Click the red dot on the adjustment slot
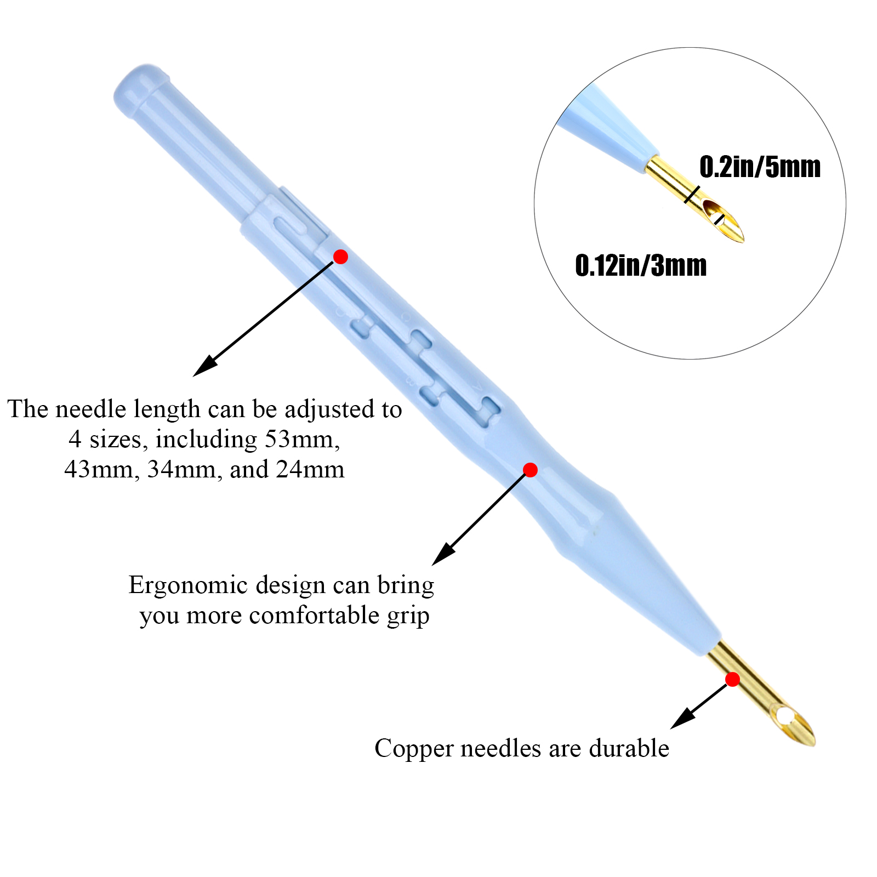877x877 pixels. pyautogui.click(x=340, y=257)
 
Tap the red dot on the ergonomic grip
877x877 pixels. pyautogui.click(x=530, y=470)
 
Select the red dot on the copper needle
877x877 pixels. pyautogui.click(x=732, y=680)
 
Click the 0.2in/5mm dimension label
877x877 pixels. pyautogui.click(x=760, y=167)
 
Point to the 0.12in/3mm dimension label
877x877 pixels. pyautogui.click(x=641, y=266)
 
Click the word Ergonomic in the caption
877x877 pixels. pyautogui.click(x=188, y=585)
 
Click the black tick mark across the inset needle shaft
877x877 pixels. pyautogui.click(x=692, y=195)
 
